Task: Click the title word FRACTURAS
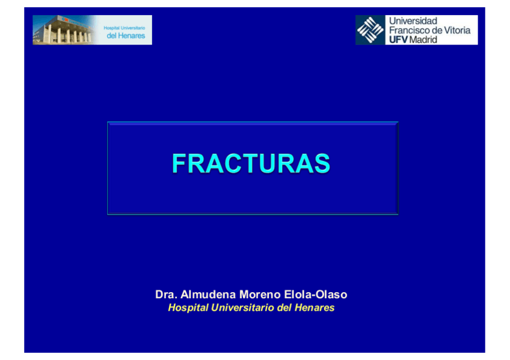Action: [251, 163]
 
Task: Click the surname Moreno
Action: [260, 294]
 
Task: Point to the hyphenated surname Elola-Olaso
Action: [316, 294]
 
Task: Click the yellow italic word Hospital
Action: [188, 308]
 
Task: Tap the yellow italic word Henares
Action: [314, 307]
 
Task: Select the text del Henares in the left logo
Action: [126, 35]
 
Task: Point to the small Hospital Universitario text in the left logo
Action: [124, 28]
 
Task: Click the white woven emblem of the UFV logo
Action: [370, 30]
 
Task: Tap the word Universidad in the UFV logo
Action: [413, 21]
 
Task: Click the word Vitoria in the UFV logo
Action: [459, 30]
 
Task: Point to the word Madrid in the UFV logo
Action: [423, 40]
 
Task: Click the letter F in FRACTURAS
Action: [179, 163]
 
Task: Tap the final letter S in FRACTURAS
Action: [322, 163]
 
